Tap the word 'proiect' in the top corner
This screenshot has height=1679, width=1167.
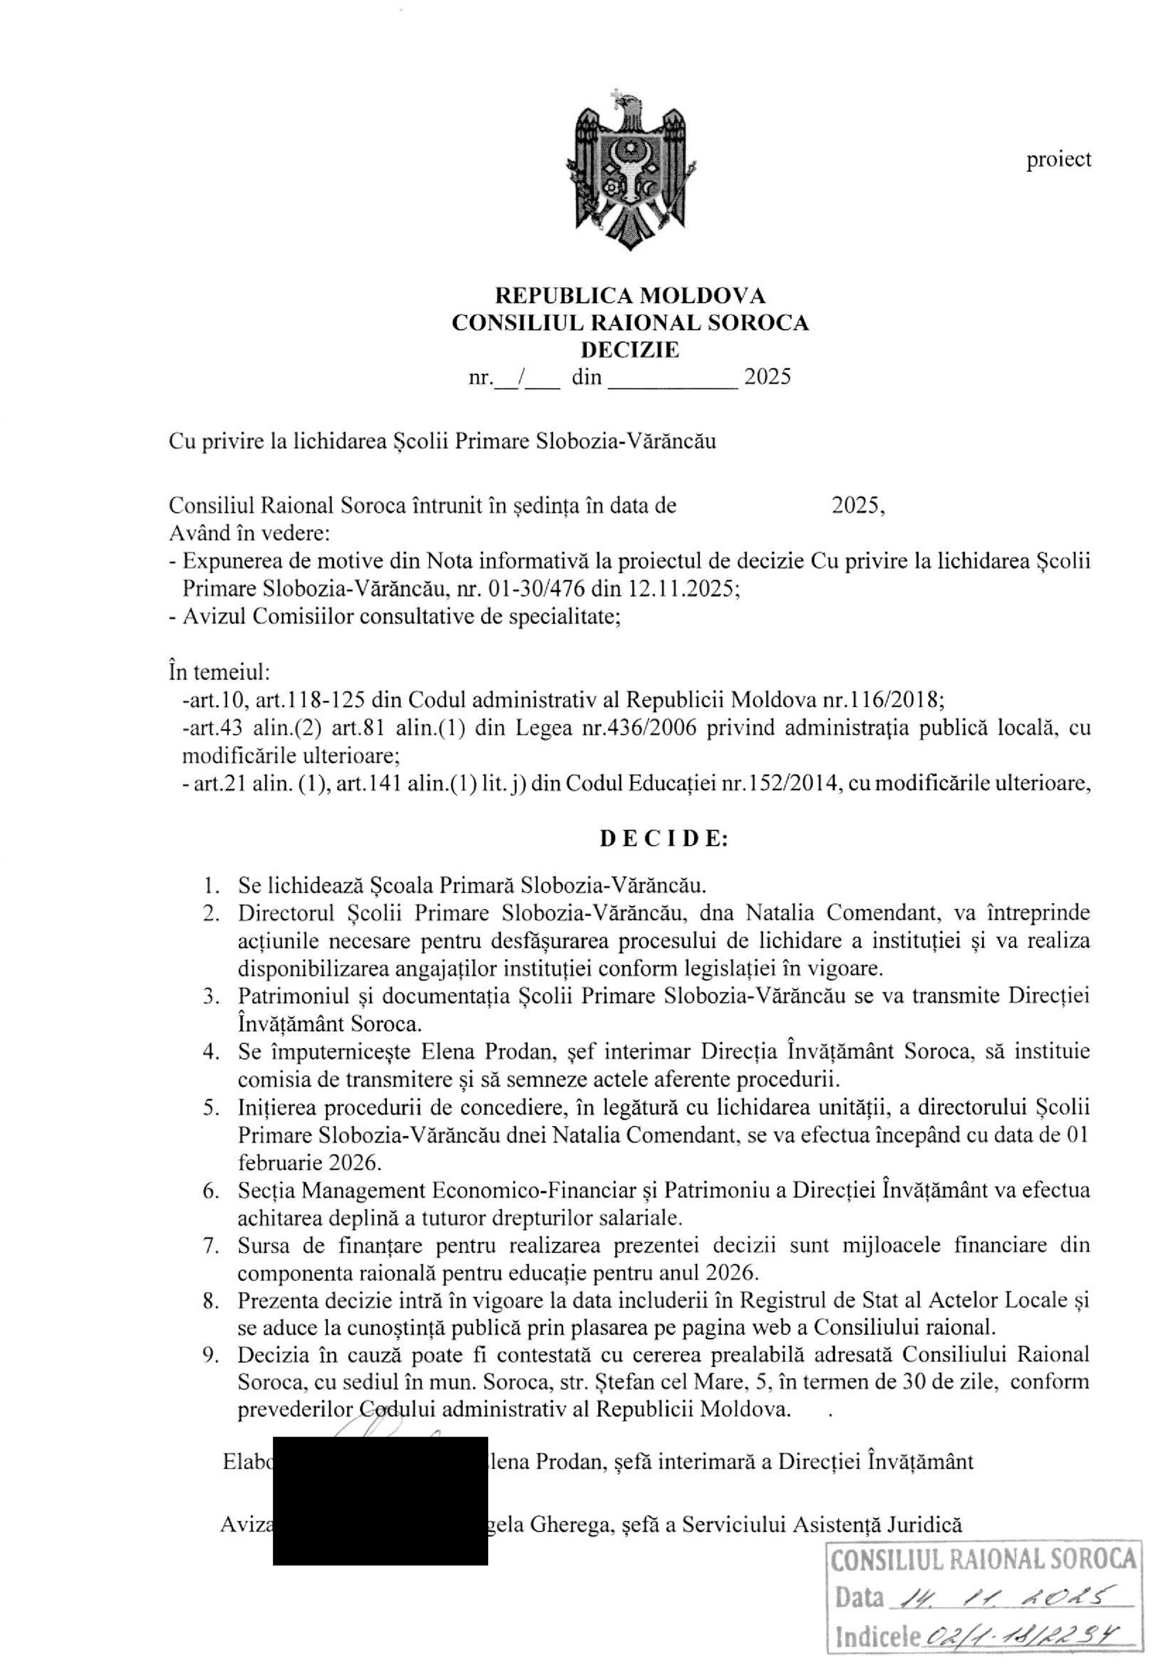(1058, 159)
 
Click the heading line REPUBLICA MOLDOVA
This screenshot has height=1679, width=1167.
(630, 295)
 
